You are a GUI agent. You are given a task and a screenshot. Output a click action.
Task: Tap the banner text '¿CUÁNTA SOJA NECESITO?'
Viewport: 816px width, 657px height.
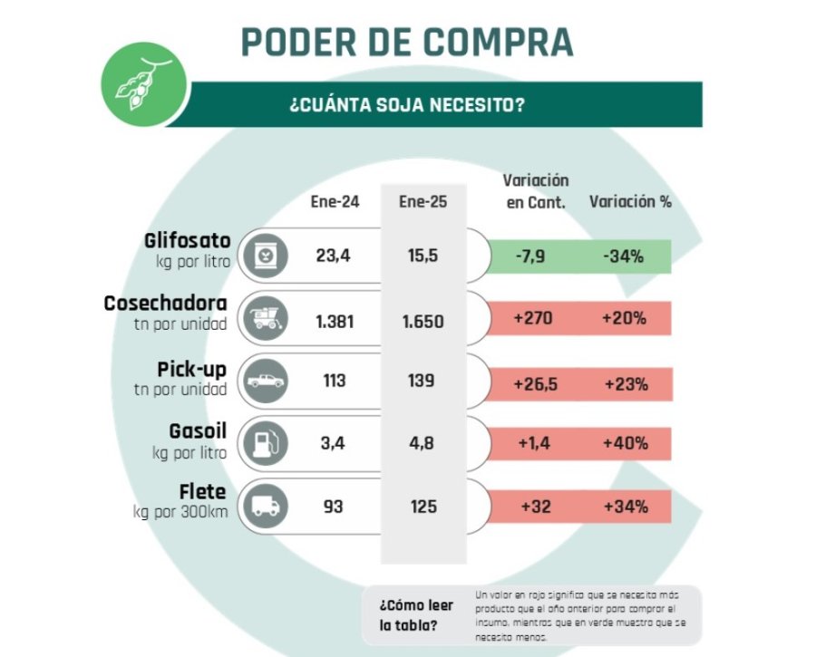coord(406,104)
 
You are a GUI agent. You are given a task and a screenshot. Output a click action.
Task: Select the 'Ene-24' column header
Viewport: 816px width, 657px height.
coord(334,201)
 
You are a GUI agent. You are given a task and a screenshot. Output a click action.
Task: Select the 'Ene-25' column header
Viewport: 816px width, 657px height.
coord(423,201)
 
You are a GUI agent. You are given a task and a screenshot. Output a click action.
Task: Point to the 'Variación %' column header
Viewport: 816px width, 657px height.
coord(630,201)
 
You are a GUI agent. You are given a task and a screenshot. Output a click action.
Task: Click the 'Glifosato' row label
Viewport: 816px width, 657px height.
coord(188,241)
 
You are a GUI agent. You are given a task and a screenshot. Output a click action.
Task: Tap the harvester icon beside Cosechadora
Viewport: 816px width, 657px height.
coord(264,318)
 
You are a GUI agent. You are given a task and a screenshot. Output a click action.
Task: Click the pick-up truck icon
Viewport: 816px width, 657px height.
coord(264,381)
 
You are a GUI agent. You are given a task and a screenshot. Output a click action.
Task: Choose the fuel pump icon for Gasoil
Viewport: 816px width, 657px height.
coord(264,443)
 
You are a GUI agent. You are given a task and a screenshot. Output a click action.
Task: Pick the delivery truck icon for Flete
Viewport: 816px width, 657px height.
coord(264,506)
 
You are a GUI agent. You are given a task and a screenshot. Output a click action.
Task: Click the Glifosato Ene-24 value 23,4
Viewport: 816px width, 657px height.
coord(333,256)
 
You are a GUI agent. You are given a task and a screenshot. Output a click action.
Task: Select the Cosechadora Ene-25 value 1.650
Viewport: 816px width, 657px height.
coord(422,319)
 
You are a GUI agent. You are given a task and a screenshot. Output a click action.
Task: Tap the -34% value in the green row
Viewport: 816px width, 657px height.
coord(623,256)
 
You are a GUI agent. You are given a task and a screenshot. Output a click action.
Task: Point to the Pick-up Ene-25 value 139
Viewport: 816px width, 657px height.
coord(422,382)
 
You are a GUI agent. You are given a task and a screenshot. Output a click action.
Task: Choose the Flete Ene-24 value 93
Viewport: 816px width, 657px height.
coord(333,507)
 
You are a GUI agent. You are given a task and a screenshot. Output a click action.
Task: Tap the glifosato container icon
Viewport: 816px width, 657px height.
coord(264,256)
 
